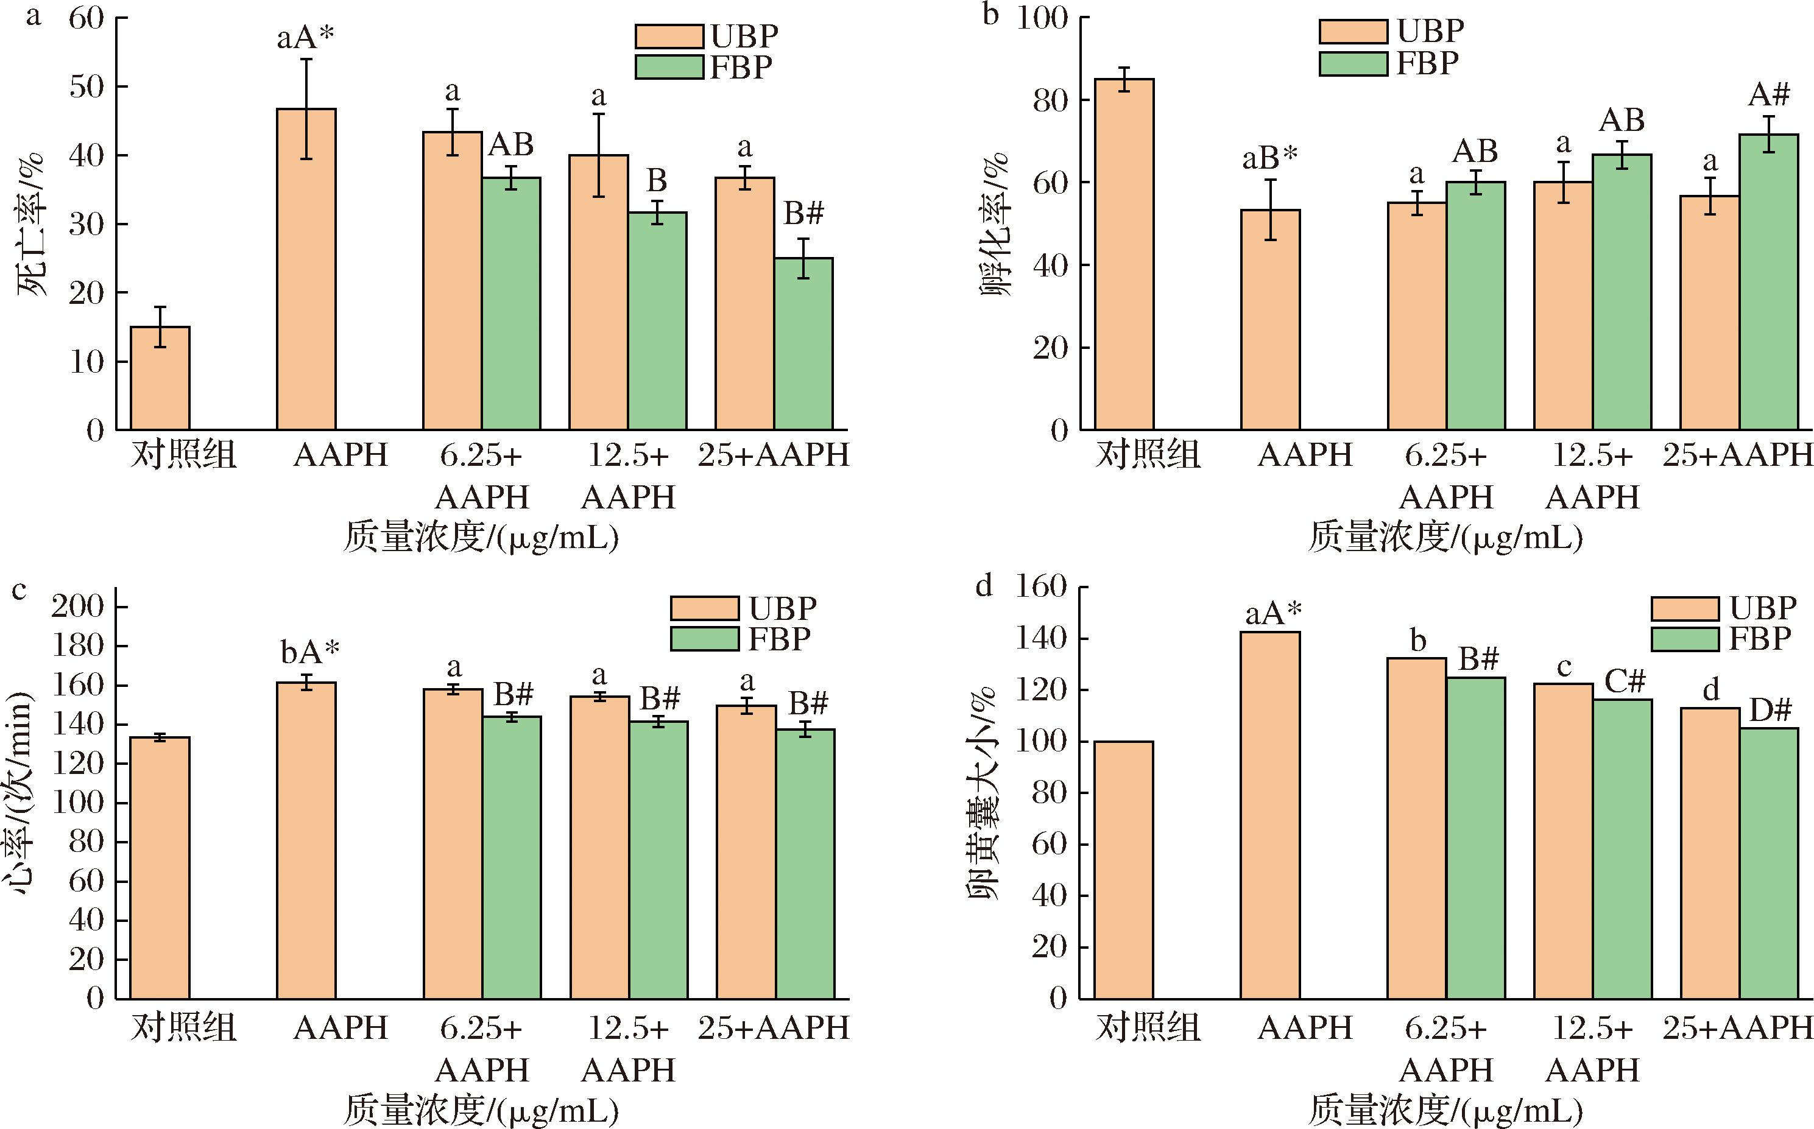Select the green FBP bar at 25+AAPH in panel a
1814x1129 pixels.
tap(803, 343)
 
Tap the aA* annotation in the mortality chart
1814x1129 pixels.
tap(305, 37)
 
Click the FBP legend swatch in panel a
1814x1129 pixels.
tap(669, 67)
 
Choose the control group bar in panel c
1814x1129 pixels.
tap(160, 868)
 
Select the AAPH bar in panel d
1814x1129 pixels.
tap(1270, 815)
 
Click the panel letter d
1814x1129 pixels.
tap(984, 587)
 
